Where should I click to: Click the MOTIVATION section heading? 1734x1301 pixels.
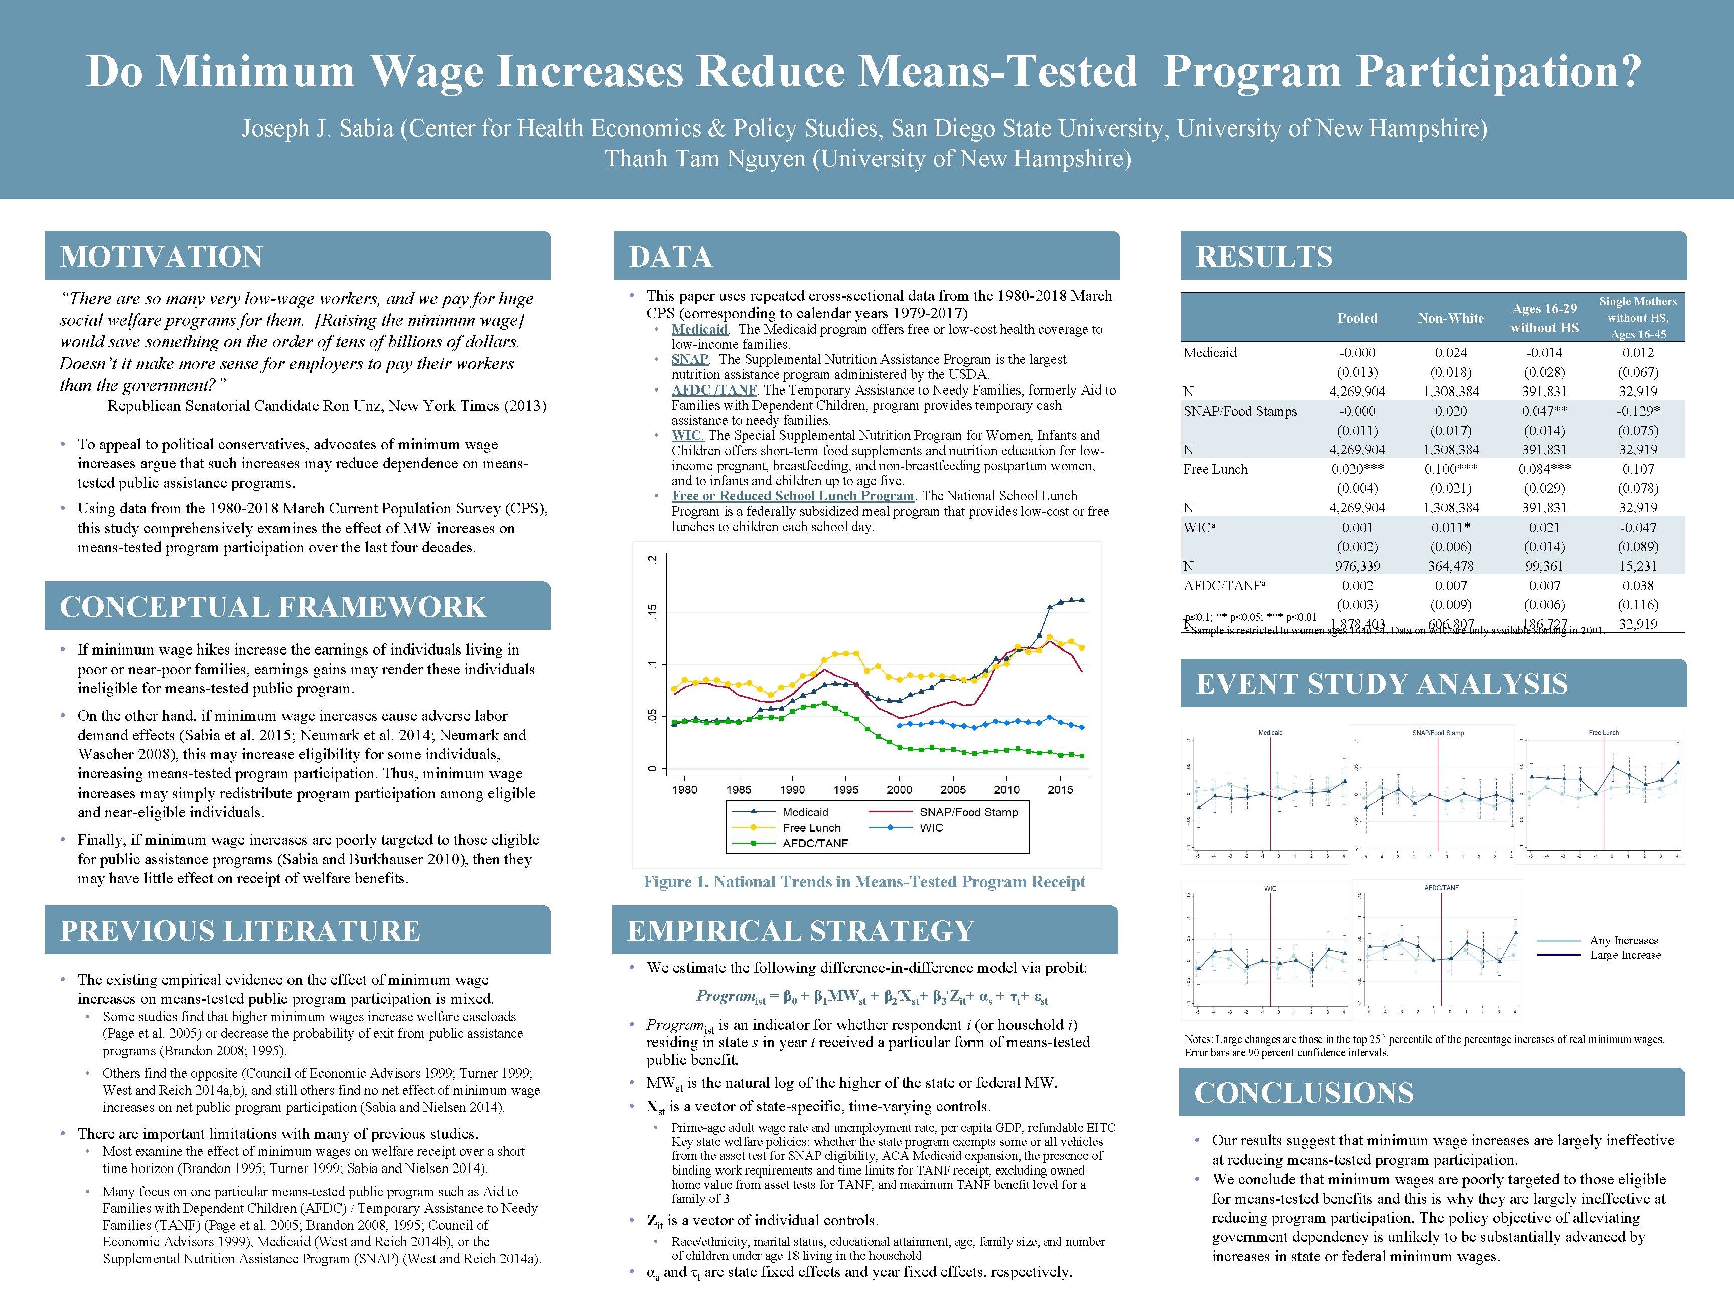[x=162, y=257]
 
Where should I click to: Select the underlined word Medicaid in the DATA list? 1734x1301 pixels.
[x=699, y=329]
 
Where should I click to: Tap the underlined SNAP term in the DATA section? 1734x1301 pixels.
[x=689, y=359]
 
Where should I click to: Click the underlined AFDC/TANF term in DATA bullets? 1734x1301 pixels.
[x=713, y=390]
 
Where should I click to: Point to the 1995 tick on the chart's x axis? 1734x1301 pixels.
[x=846, y=790]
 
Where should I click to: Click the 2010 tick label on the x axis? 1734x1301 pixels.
[x=1006, y=790]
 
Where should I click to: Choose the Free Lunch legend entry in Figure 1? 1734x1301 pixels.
[x=811, y=827]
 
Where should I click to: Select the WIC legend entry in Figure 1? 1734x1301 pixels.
[x=931, y=827]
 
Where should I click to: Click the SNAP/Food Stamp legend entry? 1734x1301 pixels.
[x=968, y=812]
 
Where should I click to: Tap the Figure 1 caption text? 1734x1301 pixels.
[x=864, y=882]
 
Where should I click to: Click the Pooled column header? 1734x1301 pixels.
[x=1357, y=318]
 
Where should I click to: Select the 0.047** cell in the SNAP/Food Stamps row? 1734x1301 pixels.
[x=1544, y=411]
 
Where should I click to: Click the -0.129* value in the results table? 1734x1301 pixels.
[x=1638, y=411]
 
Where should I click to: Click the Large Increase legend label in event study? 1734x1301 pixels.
[x=1625, y=955]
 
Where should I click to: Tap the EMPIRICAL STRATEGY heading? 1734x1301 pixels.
[x=800, y=931]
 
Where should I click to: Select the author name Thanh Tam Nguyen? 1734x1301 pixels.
[x=705, y=159]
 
